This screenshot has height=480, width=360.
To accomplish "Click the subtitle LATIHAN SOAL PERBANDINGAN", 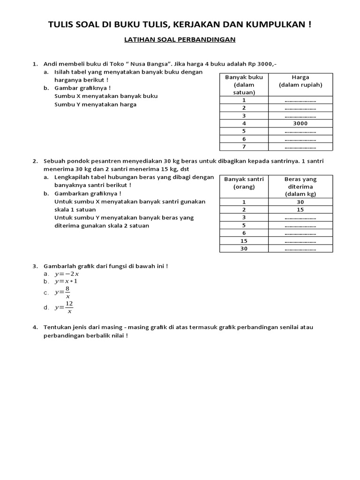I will tap(180, 40).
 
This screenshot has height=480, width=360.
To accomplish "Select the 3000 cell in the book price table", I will tap(300, 123).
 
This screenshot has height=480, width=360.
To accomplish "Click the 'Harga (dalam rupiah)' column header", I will tap(300, 81).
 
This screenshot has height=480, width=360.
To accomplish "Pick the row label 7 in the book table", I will tap(244, 147).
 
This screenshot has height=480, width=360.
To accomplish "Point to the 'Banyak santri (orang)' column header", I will tap(244, 182).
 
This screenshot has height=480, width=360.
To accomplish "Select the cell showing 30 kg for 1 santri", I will tap(300, 202).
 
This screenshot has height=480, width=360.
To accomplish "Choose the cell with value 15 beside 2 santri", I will tap(300, 210).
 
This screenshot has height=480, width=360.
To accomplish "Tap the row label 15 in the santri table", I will tap(244, 241).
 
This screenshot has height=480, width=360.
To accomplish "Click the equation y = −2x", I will tap(67, 274).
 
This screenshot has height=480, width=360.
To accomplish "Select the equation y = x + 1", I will tap(66, 281).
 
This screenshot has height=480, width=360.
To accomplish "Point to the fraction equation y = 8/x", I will tap(63, 292).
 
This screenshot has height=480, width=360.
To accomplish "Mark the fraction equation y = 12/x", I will tap(64, 307).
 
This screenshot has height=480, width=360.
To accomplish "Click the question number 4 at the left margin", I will tap(35, 327).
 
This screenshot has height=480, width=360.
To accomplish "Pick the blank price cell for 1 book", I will tap(300, 100).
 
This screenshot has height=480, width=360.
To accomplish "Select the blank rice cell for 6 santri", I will tap(300, 233).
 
